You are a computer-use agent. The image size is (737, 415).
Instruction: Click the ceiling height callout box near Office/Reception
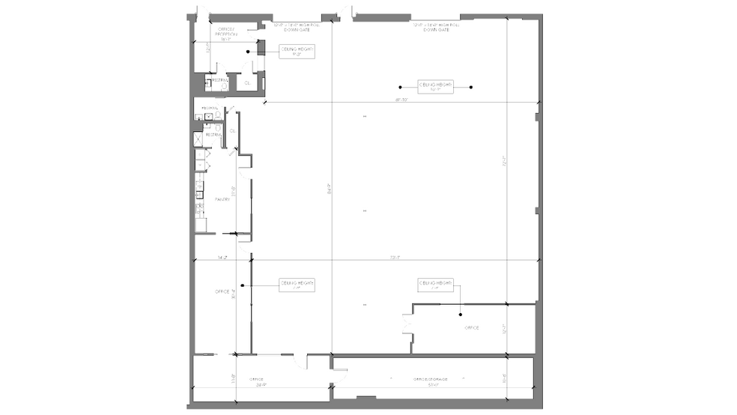click(x=297, y=51)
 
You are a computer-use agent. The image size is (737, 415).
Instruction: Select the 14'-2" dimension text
click(x=222, y=258)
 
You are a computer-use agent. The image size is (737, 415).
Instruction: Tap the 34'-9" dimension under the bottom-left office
click(x=261, y=387)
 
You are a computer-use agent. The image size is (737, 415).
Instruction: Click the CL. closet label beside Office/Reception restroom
click(x=247, y=82)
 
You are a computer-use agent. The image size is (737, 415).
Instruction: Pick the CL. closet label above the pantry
click(x=233, y=130)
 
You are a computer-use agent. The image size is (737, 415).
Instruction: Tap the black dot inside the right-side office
click(x=461, y=315)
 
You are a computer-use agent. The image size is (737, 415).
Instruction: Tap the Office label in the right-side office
click(x=471, y=327)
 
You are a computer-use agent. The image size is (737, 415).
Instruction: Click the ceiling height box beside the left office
click(x=297, y=285)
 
